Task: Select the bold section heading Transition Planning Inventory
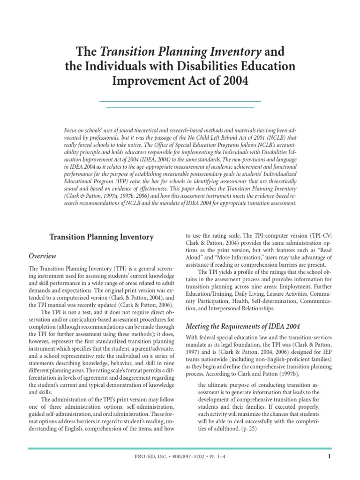(102, 237)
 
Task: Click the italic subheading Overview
(43, 256)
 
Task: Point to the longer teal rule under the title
(180, 101)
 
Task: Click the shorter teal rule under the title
(180, 107)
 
